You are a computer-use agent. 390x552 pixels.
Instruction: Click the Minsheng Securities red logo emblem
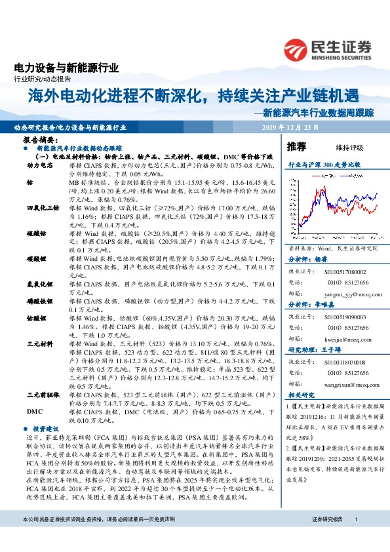pos(299,49)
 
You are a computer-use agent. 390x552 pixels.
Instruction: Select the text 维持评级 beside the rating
pos(350,148)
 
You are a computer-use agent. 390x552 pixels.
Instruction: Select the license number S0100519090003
pos(345,317)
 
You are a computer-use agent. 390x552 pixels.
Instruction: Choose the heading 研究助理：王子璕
pos(311,351)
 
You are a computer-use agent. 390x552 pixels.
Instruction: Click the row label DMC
pos(33,410)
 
